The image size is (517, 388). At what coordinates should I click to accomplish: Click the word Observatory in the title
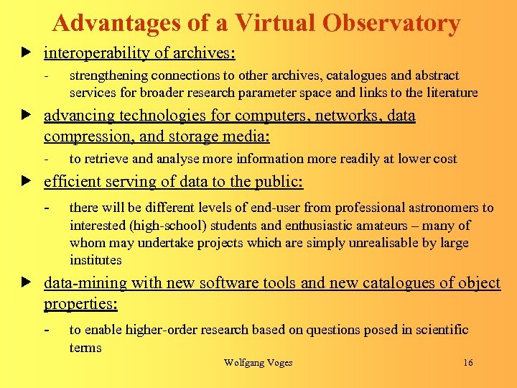391,24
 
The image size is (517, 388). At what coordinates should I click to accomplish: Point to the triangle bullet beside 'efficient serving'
27,182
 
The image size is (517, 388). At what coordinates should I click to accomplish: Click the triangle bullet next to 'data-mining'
27,283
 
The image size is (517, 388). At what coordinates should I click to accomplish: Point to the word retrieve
106,159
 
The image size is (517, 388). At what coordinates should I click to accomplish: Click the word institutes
96,260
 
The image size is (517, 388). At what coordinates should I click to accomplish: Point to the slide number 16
468,363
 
